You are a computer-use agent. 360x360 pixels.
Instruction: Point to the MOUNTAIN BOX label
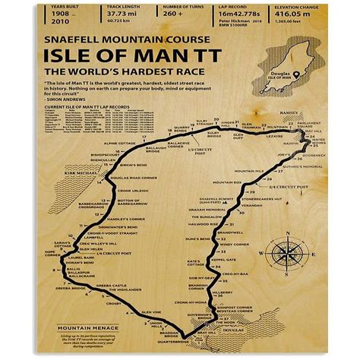click(227, 182)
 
